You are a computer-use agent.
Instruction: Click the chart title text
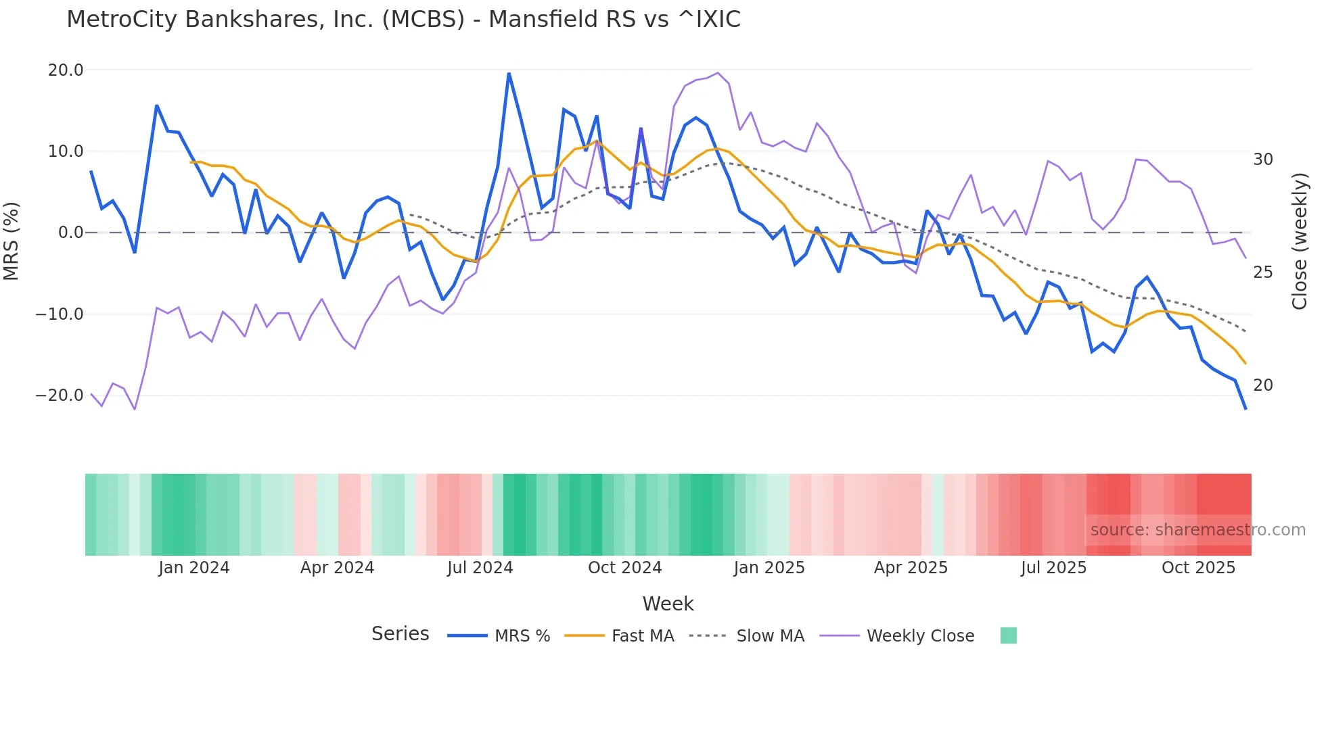click(x=403, y=20)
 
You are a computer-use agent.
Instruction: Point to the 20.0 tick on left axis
click(x=66, y=70)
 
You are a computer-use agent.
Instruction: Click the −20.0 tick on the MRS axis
click(x=60, y=395)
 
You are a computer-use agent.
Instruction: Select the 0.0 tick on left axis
click(x=70, y=233)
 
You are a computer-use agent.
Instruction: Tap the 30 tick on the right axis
click(x=1262, y=160)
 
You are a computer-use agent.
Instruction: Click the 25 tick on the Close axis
click(x=1262, y=272)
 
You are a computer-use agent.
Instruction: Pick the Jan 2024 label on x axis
click(x=194, y=568)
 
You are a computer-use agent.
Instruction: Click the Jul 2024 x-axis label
click(x=480, y=568)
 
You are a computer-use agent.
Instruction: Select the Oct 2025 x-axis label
click(x=1198, y=568)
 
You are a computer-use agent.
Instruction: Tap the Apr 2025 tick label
click(x=911, y=568)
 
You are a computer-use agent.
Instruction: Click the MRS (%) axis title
click(x=12, y=241)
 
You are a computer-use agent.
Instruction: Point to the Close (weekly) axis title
click(x=1300, y=241)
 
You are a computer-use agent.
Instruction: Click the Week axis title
click(x=668, y=604)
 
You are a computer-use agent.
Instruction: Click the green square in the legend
click(x=1008, y=635)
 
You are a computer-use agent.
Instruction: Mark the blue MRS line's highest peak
click(x=509, y=74)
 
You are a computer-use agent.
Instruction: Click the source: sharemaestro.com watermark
click(x=1197, y=530)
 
